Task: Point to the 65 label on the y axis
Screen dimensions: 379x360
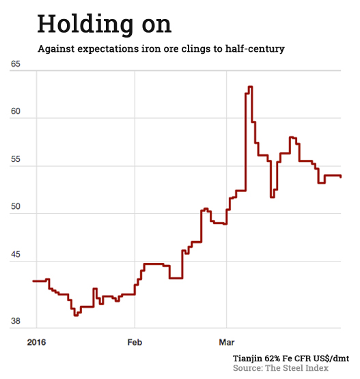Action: (x=16, y=64)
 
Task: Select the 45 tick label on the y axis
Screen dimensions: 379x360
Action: (x=16, y=255)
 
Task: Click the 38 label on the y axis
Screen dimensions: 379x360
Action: (x=16, y=321)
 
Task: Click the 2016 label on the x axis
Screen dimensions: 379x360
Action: (x=35, y=339)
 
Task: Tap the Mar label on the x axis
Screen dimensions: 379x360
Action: (x=225, y=339)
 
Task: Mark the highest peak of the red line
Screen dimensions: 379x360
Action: (x=249, y=87)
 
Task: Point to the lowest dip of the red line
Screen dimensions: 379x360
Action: (x=77, y=314)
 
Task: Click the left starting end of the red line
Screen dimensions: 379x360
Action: (x=34, y=281)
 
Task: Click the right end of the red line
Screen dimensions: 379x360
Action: (x=341, y=176)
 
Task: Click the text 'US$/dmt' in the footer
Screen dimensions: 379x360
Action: (x=330, y=359)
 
